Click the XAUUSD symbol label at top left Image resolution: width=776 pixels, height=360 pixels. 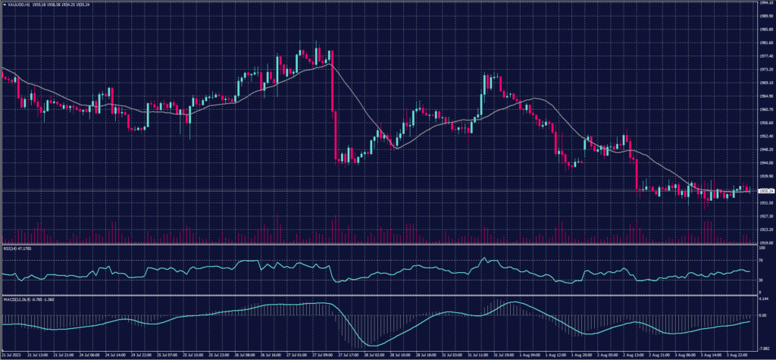point(17,4)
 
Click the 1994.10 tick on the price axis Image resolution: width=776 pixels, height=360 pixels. point(765,4)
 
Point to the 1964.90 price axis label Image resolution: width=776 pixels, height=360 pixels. point(765,96)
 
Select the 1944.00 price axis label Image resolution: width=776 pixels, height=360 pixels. point(765,162)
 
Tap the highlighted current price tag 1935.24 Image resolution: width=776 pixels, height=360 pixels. point(765,190)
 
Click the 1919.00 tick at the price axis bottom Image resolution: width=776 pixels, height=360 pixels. point(765,243)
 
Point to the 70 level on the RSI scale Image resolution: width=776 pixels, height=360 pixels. point(761,260)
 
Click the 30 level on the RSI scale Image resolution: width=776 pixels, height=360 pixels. point(761,280)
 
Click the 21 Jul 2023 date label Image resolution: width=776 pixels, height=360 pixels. point(14,354)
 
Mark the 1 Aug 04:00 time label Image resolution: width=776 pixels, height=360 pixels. point(530,354)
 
